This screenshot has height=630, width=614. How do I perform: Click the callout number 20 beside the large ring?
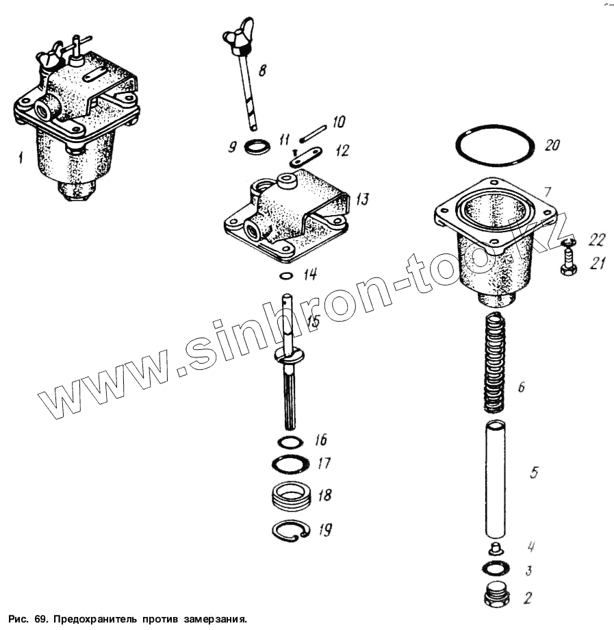click(552, 145)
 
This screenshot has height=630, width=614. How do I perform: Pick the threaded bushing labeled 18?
click(292, 496)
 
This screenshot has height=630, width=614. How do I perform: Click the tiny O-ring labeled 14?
click(286, 277)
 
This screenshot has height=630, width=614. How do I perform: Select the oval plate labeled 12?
click(305, 156)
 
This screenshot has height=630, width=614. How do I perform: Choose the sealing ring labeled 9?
click(257, 147)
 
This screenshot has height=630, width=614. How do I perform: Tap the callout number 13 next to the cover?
click(363, 199)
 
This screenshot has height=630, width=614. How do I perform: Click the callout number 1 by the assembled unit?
click(20, 157)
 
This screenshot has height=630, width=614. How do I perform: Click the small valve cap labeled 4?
click(496, 547)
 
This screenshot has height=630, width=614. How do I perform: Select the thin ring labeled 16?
click(290, 442)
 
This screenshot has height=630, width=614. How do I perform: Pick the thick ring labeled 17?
click(290, 464)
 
